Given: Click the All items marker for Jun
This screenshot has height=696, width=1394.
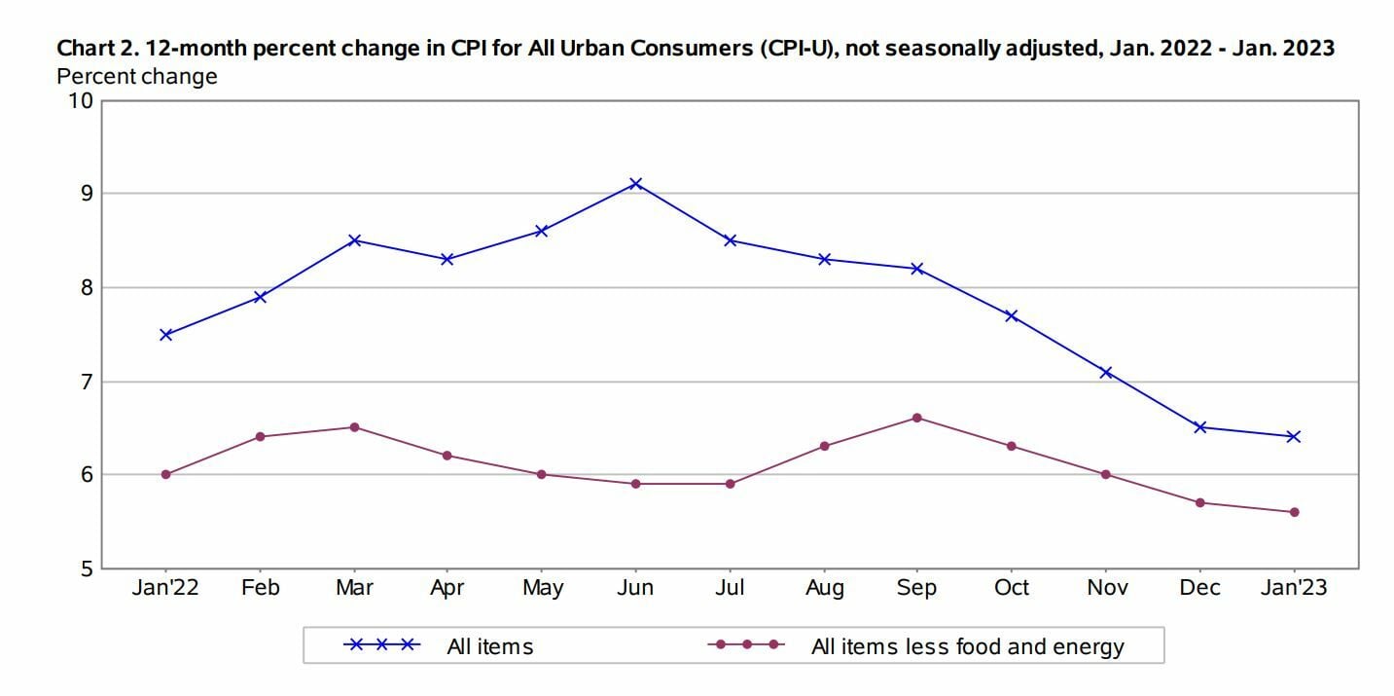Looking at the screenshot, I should [635, 183].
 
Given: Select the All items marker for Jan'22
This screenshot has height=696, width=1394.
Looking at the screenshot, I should [165, 334].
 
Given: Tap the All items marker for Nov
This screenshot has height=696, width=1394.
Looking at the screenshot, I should [1106, 372].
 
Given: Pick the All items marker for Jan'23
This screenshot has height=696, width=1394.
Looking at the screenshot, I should [1294, 436].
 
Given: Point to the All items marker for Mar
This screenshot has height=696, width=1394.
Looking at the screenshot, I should [354, 239].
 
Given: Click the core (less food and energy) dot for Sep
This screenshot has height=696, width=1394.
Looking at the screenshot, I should [917, 418].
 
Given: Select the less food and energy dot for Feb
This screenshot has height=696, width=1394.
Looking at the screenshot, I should [260, 436].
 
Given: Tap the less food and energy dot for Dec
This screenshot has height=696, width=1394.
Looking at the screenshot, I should [1199, 502].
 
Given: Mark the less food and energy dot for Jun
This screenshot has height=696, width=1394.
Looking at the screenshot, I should [635, 484].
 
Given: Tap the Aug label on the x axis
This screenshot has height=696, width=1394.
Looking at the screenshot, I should [824, 588].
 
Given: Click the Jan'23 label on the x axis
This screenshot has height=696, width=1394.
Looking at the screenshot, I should [1294, 588].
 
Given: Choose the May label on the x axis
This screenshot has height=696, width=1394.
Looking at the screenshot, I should [542, 588].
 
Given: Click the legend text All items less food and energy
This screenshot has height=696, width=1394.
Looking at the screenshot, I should [967, 646].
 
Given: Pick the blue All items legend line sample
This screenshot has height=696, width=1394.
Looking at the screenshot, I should [382, 644].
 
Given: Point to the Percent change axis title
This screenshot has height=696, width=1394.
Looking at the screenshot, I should [137, 75].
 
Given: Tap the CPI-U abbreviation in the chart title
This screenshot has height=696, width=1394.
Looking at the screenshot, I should [797, 49].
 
